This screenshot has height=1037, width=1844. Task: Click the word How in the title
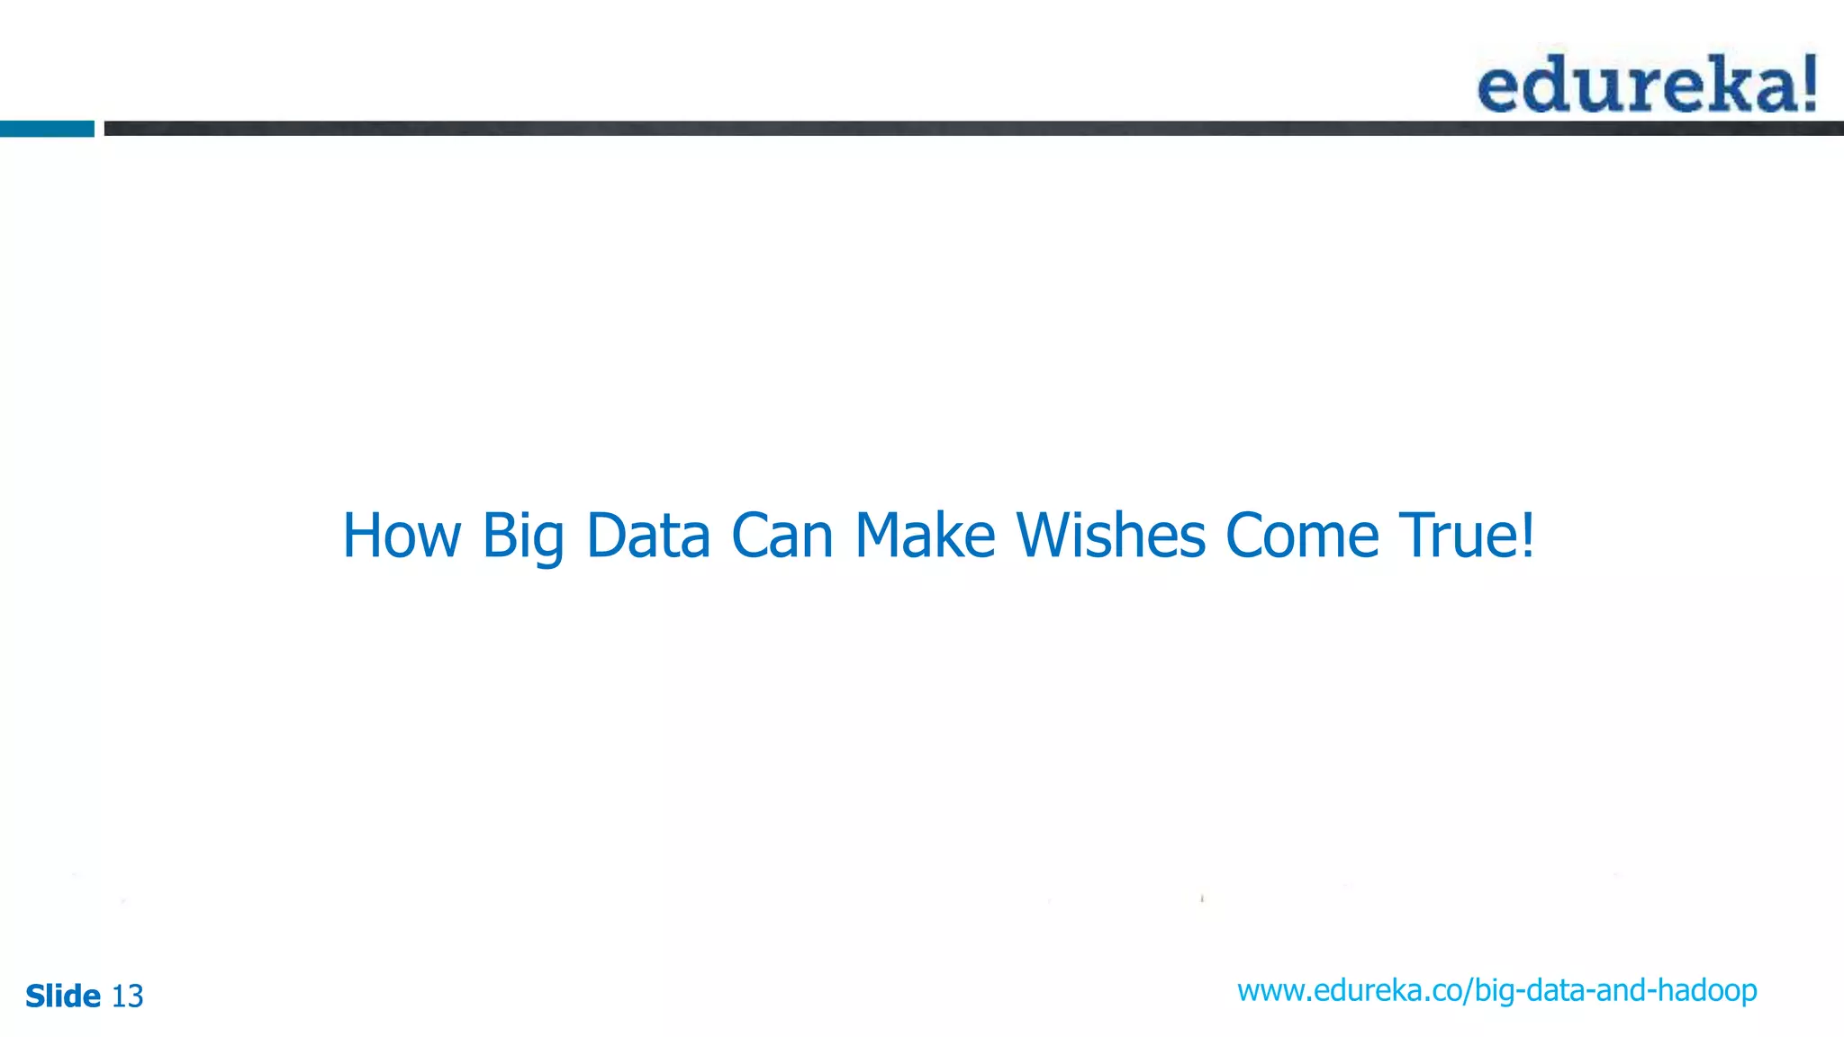pos(402,536)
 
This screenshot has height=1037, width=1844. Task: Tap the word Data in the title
pos(648,536)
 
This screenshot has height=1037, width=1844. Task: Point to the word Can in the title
pos(782,536)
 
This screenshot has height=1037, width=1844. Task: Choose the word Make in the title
pos(925,536)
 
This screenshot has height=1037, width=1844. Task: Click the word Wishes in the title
pos(1110,536)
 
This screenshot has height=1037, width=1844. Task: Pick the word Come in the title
pos(1302,536)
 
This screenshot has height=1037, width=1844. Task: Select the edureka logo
pos(1647,84)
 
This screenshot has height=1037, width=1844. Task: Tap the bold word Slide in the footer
pos(63,996)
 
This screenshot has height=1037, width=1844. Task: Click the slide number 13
pos(127,996)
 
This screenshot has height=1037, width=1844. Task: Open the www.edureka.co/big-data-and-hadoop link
pos(1496,991)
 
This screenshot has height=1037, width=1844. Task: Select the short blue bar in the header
pos(47,129)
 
